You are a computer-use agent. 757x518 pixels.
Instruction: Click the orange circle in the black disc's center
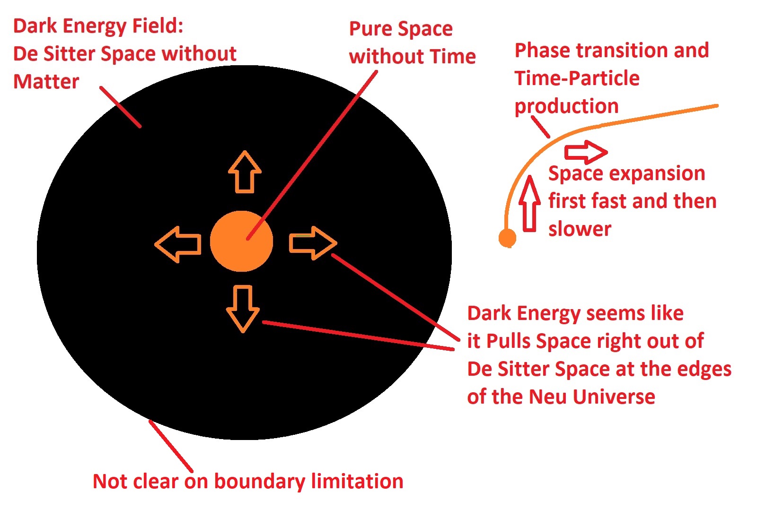pos(241,241)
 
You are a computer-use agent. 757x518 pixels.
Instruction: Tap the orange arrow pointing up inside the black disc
pos(245,172)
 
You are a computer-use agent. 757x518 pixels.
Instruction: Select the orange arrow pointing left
pos(178,244)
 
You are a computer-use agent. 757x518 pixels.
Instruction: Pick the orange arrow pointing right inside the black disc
pos(313,243)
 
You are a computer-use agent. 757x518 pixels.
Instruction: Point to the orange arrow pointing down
pos(243,309)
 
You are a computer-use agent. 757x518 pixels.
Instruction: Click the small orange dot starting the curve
pos(507,238)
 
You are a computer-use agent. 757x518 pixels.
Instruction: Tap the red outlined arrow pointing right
pos(586,152)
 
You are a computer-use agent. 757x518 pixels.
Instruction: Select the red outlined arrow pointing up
pos(529,204)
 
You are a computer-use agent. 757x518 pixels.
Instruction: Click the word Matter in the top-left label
pos(46,82)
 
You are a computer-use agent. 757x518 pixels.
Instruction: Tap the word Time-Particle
pos(577,78)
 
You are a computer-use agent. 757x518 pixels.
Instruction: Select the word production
pos(566,107)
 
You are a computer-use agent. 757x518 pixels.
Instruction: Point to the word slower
pos(580,229)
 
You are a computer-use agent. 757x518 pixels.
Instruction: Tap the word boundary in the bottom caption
pos(260,482)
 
